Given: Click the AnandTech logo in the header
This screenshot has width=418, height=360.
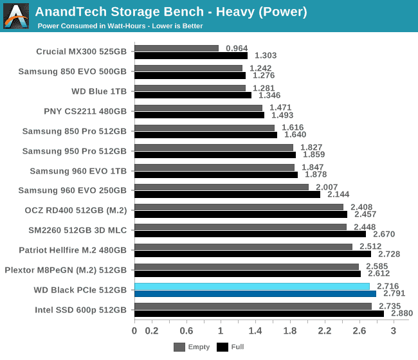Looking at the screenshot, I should tap(17, 15).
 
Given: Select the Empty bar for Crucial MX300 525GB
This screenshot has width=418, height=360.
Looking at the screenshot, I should tap(176, 48).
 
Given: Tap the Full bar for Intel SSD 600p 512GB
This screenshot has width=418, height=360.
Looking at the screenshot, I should tap(259, 314).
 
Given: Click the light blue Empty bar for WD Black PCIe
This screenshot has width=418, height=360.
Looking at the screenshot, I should tap(252, 286).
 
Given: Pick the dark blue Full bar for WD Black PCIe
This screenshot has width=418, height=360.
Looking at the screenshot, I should tap(255, 294).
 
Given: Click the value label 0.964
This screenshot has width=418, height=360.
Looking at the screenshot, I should tap(237, 48).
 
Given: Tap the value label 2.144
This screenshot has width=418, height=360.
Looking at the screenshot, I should tap(338, 194).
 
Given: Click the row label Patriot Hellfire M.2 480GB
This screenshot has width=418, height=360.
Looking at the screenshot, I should tap(72, 250).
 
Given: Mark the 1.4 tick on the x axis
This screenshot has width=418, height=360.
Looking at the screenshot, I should tap(255, 330).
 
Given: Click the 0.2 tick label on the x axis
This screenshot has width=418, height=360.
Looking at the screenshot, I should tap(152, 330).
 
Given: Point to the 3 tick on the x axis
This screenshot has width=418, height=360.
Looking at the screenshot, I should tap(394, 330).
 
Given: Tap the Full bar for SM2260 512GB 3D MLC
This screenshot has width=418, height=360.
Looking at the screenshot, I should tap(250, 234).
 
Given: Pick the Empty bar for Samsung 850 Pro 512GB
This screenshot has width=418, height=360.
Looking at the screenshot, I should tap(204, 128).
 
